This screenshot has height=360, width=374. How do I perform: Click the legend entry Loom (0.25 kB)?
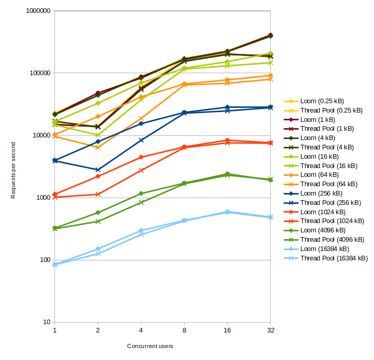point(322,101)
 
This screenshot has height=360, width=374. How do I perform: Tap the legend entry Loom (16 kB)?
point(320,157)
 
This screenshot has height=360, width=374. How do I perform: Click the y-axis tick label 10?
point(45,322)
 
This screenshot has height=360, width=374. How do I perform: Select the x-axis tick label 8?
point(184,330)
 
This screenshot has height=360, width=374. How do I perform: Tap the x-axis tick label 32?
point(270,330)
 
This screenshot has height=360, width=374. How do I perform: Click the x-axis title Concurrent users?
point(150,346)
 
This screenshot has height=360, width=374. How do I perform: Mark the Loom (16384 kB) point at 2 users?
point(98,249)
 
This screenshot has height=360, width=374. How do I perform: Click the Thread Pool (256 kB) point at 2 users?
point(98,170)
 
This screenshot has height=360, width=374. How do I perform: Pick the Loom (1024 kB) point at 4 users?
point(141,157)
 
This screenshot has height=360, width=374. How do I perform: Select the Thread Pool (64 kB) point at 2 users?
point(98,147)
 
